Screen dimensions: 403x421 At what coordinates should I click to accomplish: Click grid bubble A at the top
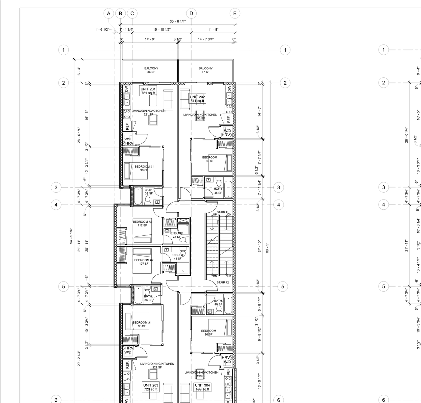tap(109, 13)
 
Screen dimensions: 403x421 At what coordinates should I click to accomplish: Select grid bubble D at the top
tap(191, 13)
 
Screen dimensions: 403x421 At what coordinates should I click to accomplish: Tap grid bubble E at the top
tap(235, 13)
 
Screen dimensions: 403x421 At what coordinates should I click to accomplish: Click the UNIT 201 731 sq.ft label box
tap(148, 91)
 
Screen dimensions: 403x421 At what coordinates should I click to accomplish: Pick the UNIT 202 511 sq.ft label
tap(197, 99)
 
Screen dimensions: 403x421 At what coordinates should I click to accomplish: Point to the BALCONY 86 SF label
tap(151, 70)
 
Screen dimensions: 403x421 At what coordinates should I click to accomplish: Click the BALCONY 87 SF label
tap(206, 70)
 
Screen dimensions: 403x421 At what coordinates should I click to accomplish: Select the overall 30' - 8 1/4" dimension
tap(178, 21)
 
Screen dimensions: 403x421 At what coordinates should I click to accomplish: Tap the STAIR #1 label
tap(223, 212)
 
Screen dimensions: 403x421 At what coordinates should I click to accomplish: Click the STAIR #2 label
tap(223, 282)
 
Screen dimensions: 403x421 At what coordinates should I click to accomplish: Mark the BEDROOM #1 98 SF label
tap(144, 168)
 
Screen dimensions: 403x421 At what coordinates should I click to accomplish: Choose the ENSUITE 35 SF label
tap(177, 235)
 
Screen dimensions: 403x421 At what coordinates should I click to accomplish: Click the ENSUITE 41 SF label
tap(178, 257)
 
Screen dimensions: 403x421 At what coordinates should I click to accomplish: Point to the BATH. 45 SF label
tap(218, 191)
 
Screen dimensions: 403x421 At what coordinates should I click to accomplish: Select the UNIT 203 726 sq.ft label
tap(151, 387)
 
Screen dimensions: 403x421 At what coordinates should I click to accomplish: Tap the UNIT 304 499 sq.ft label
tap(202, 387)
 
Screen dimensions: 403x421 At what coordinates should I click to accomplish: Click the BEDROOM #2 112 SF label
tap(142, 224)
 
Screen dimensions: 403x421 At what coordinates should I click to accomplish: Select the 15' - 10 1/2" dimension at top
tap(162, 30)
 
